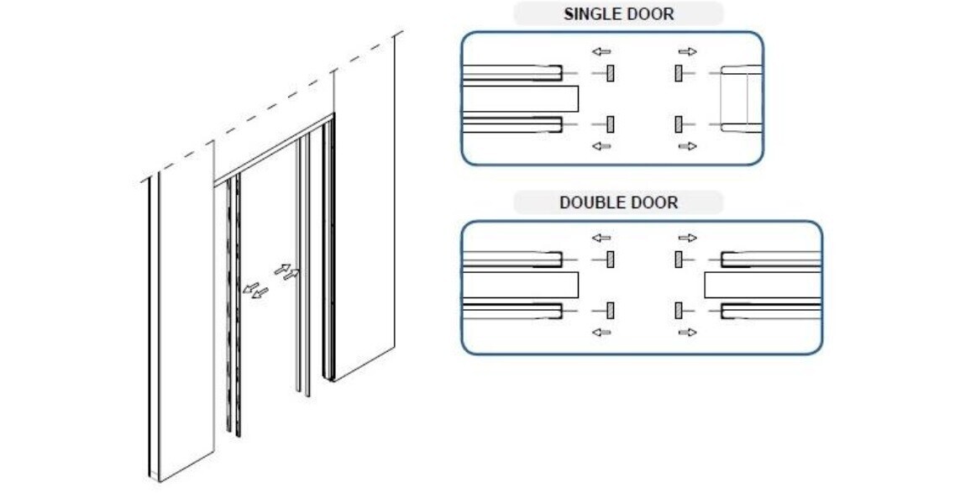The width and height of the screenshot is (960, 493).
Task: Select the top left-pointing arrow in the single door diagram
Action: [601, 52]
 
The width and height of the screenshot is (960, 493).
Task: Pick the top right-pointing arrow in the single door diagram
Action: [687, 52]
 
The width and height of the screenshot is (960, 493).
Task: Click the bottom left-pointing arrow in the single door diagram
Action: [601, 146]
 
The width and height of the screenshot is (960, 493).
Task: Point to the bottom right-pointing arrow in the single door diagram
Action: [687, 146]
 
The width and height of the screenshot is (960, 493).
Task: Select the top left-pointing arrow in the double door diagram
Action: [601, 239]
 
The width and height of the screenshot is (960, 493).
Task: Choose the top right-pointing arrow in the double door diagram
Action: [687, 239]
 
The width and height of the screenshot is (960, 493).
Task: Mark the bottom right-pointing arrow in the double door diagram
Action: [687, 333]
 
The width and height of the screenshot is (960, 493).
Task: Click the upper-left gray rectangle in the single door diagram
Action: [611, 74]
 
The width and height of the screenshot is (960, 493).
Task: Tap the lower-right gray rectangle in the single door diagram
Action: [678, 124]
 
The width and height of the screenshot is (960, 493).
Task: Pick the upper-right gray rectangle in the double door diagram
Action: [678, 260]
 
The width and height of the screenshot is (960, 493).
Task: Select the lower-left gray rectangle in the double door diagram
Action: [611, 311]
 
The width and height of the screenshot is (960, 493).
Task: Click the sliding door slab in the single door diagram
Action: [521, 99]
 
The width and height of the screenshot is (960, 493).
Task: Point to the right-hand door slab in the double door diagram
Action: [761, 286]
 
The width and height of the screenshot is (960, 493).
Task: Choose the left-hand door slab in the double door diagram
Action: [521, 286]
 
